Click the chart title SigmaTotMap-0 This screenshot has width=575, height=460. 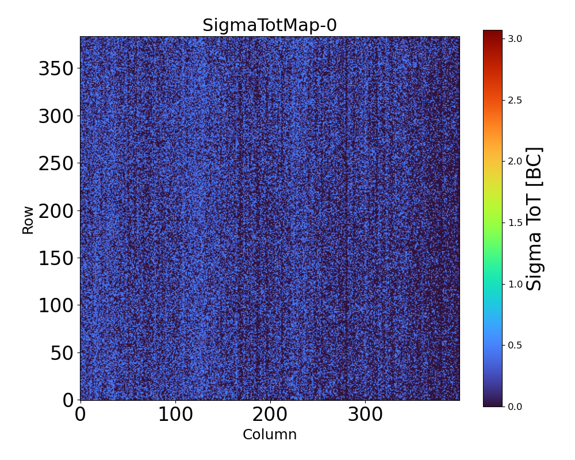click(270, 25)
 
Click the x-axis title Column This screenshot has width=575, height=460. click(270, 435)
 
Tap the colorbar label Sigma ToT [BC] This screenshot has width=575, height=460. click(535, 218)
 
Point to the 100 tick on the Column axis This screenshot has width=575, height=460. click(175, 415)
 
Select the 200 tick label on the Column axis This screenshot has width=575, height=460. click(270, 415)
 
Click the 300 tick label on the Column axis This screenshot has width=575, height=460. click(365, 415)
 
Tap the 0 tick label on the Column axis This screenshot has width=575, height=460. click(80, 415)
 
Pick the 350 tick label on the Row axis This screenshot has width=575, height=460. click(56, 69)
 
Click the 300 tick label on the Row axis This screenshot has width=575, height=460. click(56, 117)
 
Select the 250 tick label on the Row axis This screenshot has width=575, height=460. click(56, 164)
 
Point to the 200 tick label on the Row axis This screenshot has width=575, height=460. click(56, 211)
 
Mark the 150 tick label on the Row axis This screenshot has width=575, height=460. click(56, 258)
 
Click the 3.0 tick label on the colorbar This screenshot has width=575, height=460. click(515, 39)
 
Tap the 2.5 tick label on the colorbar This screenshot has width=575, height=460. click(515, 100)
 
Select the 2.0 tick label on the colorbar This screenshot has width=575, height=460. click(515, 161)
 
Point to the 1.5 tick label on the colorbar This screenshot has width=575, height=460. click(515, 223)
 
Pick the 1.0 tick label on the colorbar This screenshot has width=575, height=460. click(515, 284)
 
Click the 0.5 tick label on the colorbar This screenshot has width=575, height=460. click(515, 345)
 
